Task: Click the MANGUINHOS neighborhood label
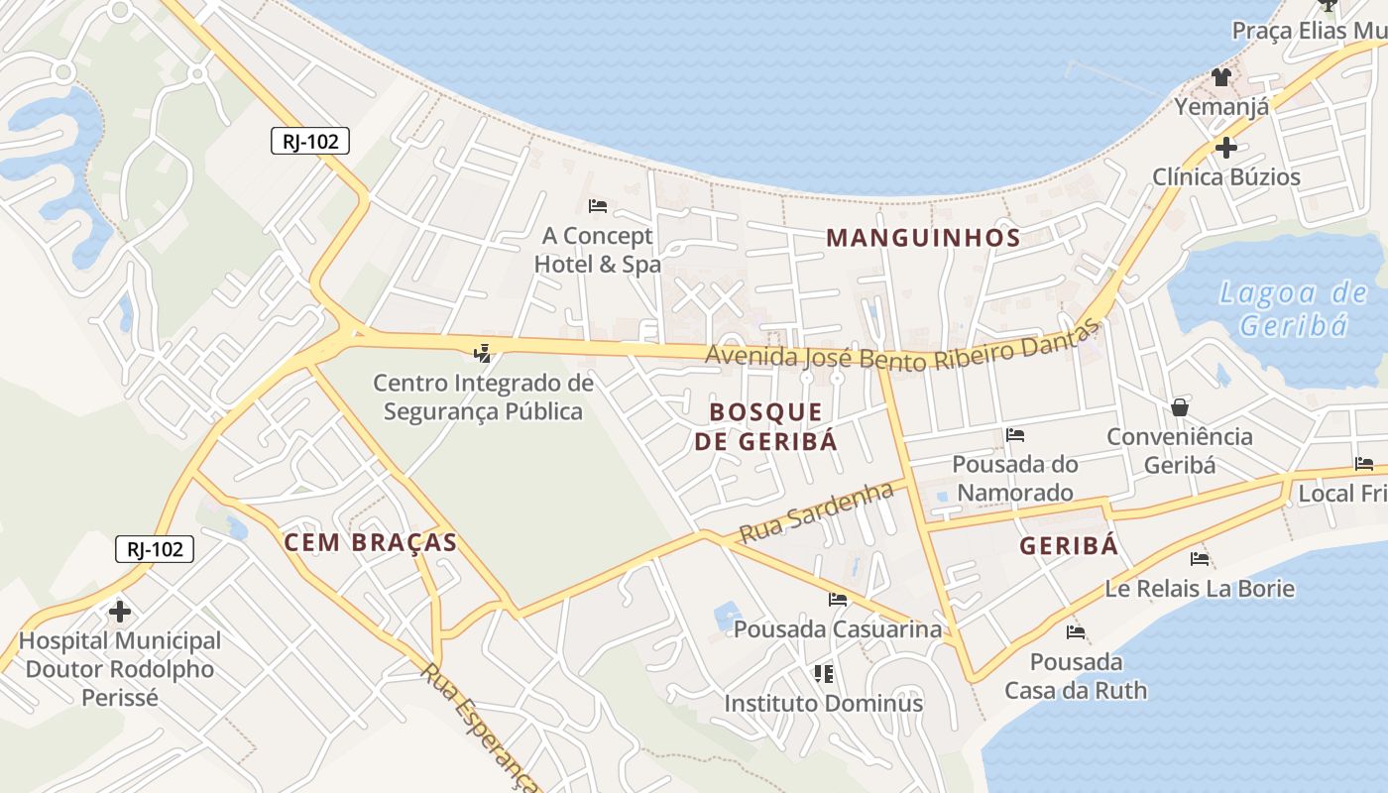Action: tap(923, 238)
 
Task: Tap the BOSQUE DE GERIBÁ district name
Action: tap(766, 426)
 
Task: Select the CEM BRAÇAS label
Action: tap(371, 542)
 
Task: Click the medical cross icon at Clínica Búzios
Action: tap(1226, 148)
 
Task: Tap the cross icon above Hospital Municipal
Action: tap(120, 611)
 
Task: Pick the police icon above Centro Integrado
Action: tap(483, 352)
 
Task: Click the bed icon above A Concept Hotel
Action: tap(598, 206)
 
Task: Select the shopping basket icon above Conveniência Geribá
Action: tap(1180, 406)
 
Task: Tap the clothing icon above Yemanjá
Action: tap(1221, 77)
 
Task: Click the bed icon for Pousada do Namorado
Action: tap(1015, 434)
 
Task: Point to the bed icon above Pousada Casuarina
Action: tap(838, 599)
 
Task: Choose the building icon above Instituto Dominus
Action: tap(823, 674)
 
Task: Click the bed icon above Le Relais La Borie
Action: tap(1200, 558)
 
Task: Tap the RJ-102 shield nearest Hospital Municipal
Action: tap(155, 549)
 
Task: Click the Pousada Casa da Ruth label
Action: tap(1076, 675)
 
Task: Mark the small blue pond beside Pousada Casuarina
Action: tap(728, 615)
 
